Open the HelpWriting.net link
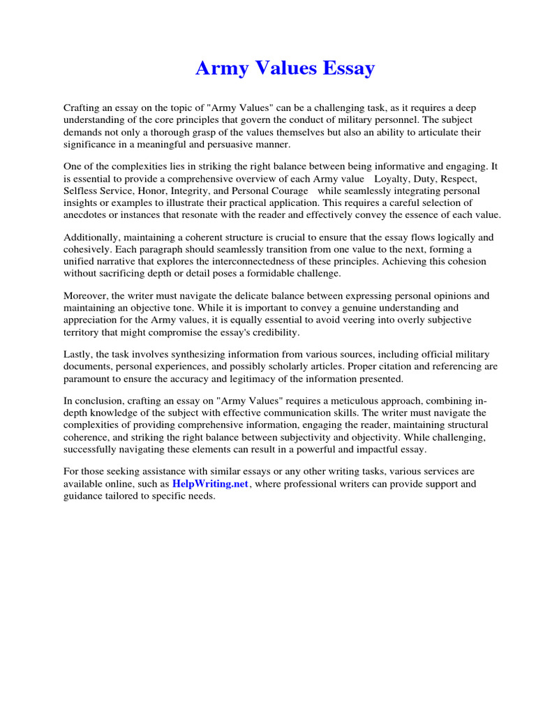click(210, 483)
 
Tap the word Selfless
click(80, 191)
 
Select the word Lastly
click(78, 354)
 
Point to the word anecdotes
click(87, 214)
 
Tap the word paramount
click(88, 378)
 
